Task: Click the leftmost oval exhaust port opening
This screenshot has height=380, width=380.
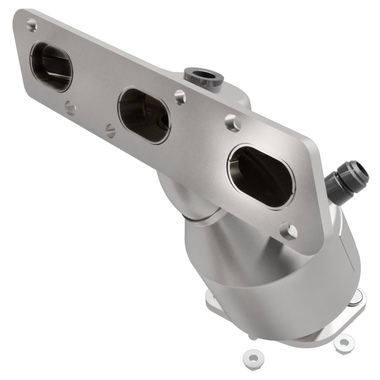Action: pyautogui.click(x=51, y=67)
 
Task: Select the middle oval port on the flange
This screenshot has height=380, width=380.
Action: pyautogui.click(x=144, y=115)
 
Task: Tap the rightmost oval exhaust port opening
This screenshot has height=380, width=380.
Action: pyautogui.click(x=261, y=176)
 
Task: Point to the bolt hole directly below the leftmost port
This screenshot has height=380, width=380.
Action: pyautogui.click(x=70, y=108)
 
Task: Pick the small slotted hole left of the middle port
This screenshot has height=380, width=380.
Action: pyautogui.click(x=111, y=131)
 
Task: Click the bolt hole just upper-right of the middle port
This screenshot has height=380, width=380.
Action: pyautogui.click(x=180, y=97)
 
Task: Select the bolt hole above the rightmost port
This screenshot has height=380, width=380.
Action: pyautogui.click(x=232, y=123)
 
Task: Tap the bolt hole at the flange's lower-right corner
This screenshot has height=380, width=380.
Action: pyautogui.click(x=288, y=231)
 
